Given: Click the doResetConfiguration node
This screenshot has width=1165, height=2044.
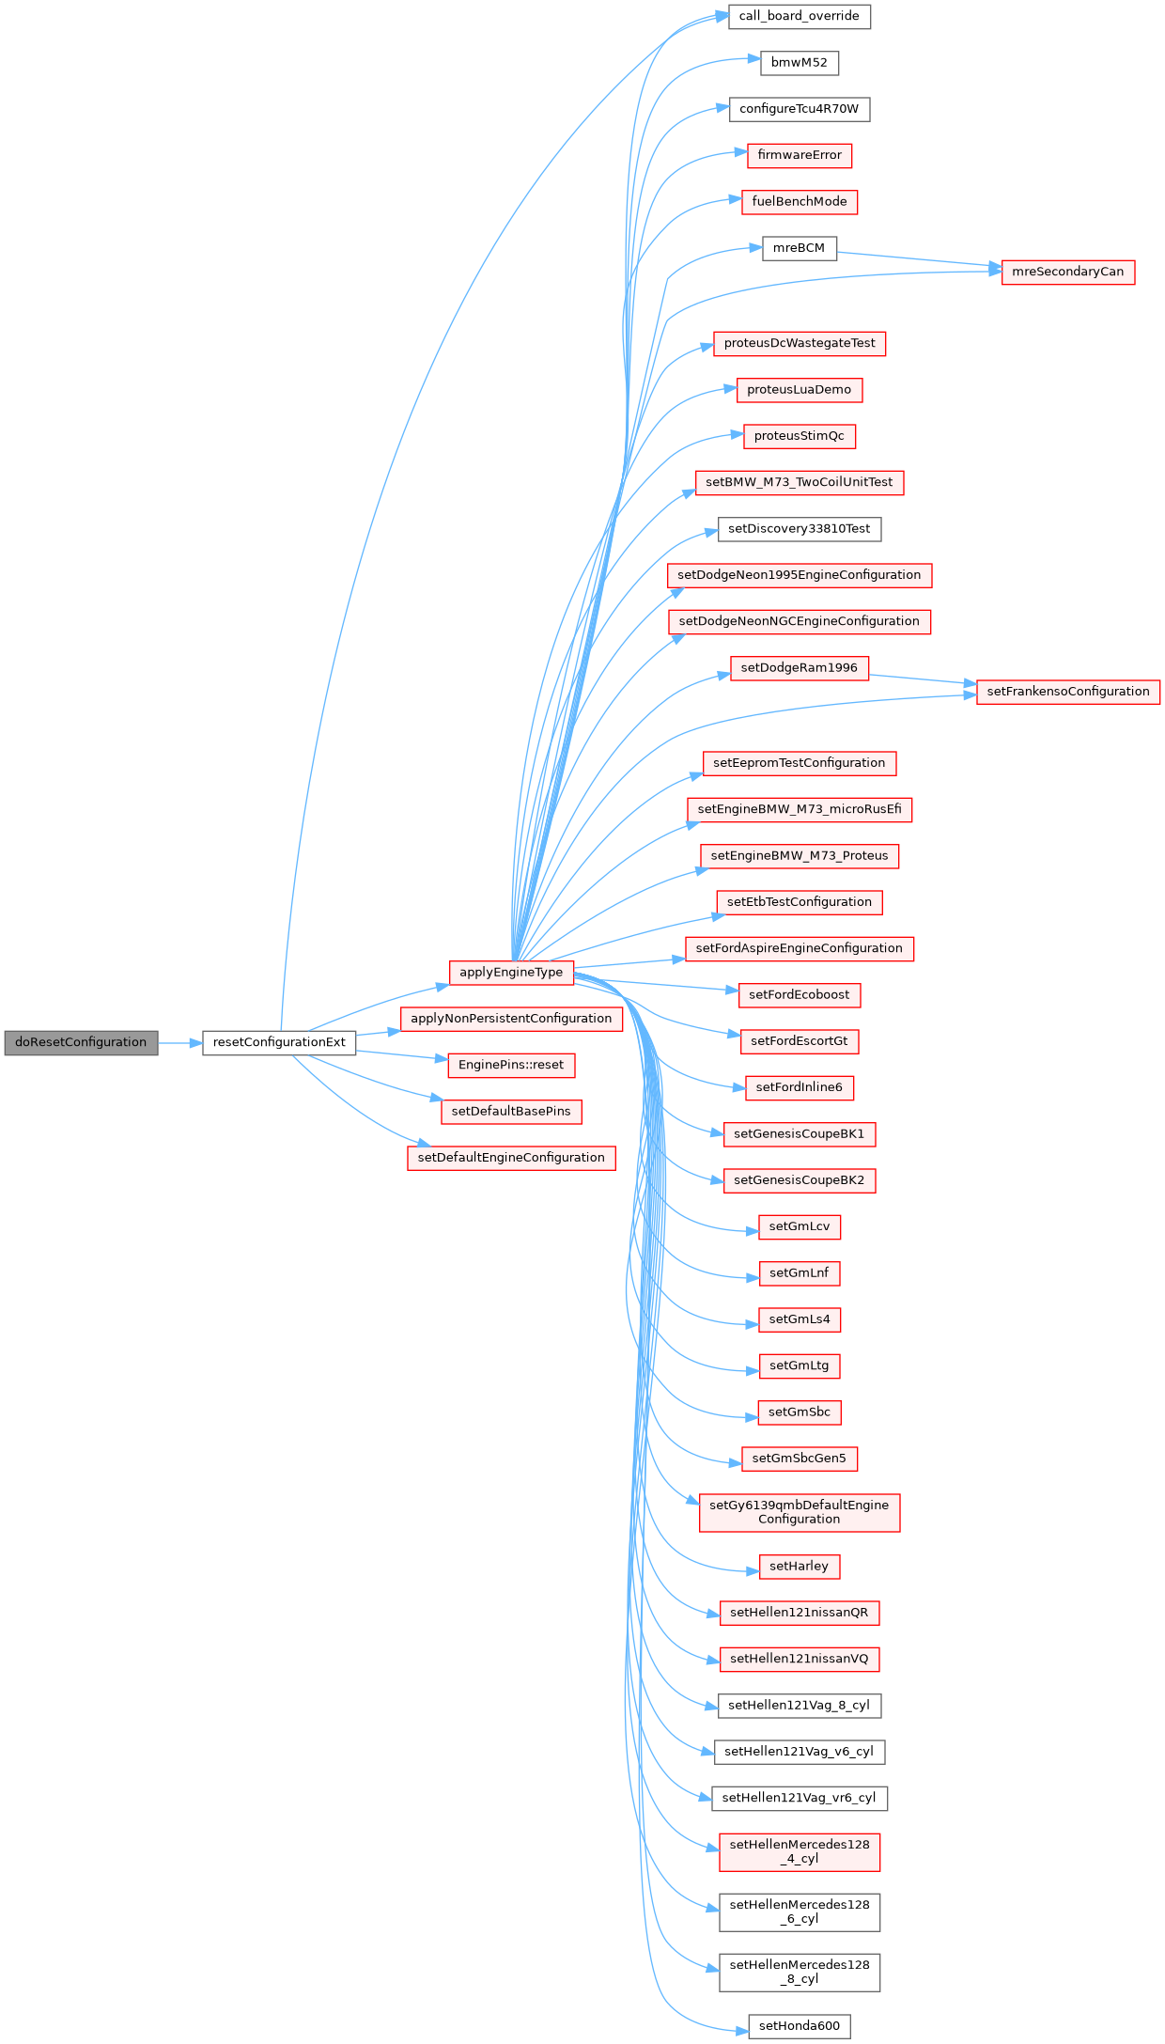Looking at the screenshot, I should click(81, 1042).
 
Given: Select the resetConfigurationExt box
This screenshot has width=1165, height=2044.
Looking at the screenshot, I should click(279, 1042).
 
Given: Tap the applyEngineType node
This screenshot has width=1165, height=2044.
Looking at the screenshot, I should click(511, 973).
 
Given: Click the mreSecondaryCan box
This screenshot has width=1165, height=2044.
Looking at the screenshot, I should click(1067, 272).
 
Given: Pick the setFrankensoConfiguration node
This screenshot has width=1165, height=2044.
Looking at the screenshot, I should click(1068, 692).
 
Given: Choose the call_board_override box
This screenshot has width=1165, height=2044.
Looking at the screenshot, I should click(799, 16).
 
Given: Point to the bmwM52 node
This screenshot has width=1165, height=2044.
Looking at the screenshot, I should click(799, 63).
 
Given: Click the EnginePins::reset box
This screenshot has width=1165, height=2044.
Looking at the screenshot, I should click(511, 1065).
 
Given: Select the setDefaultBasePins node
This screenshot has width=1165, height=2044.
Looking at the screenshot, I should click(511, 1112).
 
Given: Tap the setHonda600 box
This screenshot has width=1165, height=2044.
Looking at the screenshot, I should click(799, 2025).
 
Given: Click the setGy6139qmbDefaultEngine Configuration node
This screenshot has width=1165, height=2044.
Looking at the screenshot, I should click(799, 1512).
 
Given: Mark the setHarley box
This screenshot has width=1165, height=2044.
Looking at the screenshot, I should click(799, 1566).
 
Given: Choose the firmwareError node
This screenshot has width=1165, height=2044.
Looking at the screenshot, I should click(799, 155).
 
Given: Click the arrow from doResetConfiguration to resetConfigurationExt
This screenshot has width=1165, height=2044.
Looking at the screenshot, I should click(180, 1042).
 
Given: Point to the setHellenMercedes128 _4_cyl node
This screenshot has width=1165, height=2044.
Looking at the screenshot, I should click(799, 1851).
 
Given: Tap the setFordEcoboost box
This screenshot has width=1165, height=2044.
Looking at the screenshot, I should click(799, 994).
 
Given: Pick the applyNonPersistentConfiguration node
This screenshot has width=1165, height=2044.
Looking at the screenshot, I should click(511, 1019).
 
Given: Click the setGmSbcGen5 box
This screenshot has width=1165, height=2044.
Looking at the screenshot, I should click(799, 1459).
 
